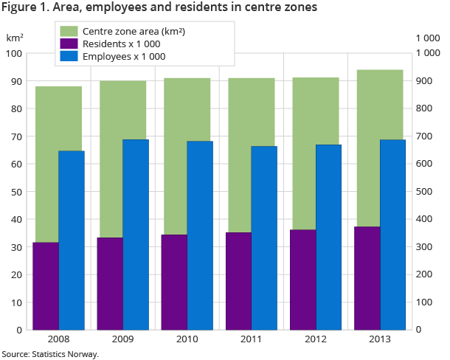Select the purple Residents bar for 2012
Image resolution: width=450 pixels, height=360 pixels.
click(x=303, y=280)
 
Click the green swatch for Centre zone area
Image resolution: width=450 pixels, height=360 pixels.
click(x=69, y=32)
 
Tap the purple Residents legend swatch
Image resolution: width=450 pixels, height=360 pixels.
click(x=69, y=44)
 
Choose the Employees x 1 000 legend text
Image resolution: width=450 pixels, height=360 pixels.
click(x=124, y=56)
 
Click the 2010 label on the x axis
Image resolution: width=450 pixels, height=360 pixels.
click(x=187, y=339)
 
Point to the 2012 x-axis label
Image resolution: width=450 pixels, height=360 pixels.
click(x=315, y=339)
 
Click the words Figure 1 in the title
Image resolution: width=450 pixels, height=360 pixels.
click(x=27, y=7)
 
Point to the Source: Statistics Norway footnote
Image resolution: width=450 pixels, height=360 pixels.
click(x=50, y=354)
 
